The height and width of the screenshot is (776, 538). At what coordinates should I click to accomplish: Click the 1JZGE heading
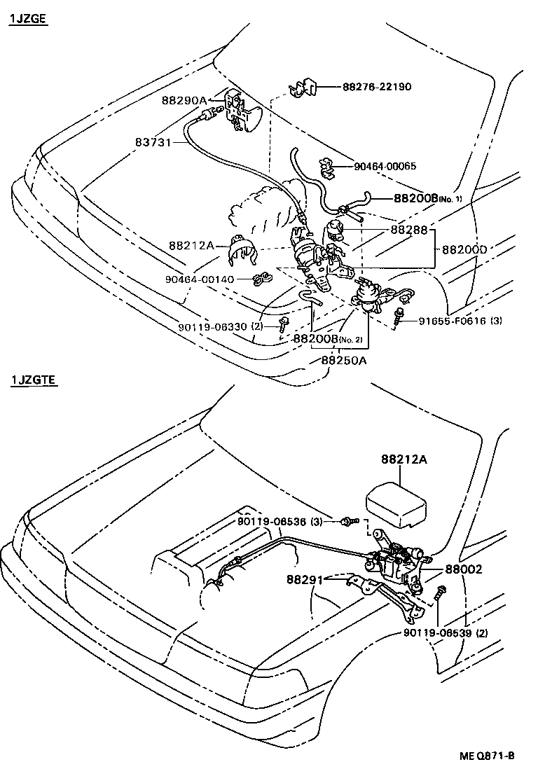pyautogui.click(x=27, y=19)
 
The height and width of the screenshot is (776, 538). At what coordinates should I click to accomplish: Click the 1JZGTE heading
pyautogui.click(x=33, y=381)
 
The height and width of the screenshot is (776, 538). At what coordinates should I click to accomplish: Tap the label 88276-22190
pyautogui.click(x=376, y=87)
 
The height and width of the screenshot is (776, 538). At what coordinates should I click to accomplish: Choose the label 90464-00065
pyautogui.click(x=385, y=166)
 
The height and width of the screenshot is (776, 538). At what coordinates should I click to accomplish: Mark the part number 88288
pyautogui.click(x=408, y=229)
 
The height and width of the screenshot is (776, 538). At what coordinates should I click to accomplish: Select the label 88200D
pyautogui.click(x=464, y=249)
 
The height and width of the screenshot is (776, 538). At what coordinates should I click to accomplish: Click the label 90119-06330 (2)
pyautogui.click(x=220, y=326)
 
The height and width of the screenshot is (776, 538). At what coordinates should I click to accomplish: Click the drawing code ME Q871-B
pyautogui.click(x=487, y=756)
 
